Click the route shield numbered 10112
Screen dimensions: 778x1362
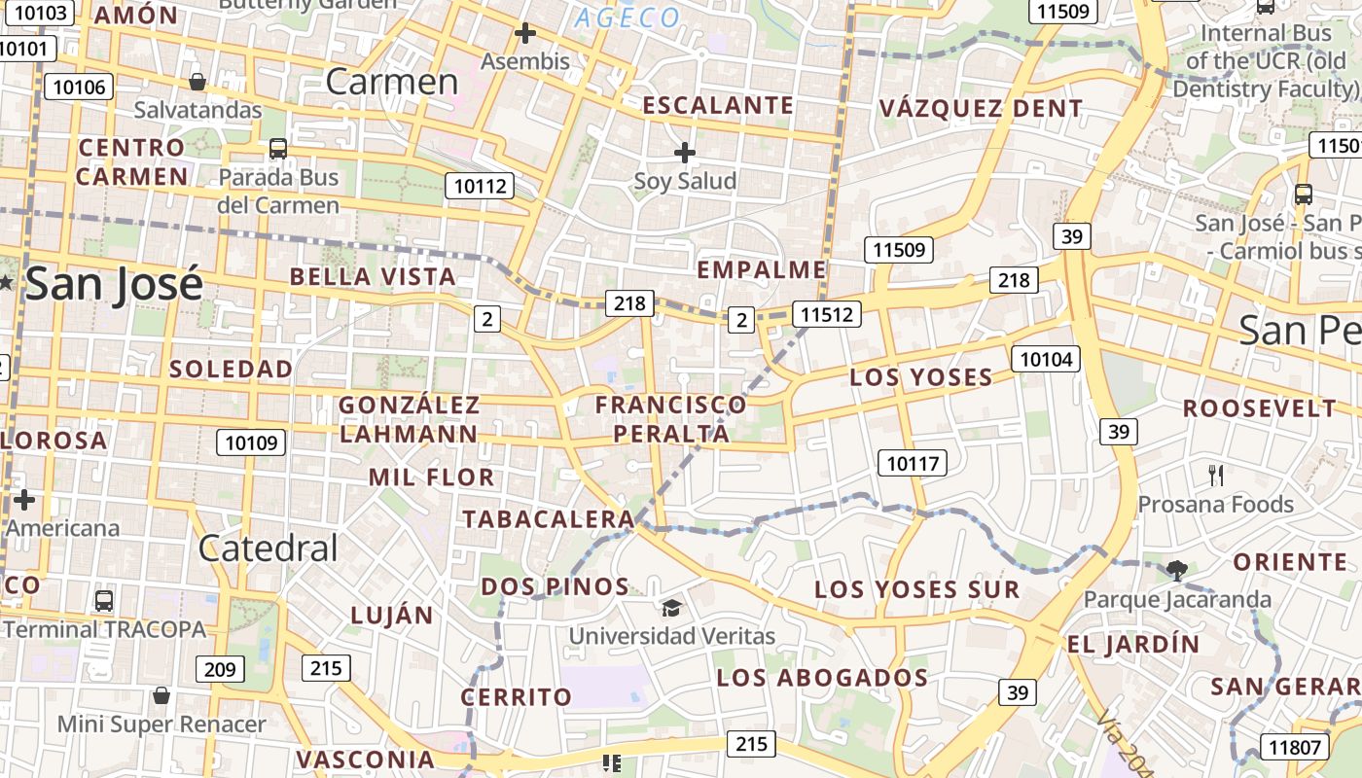[480, 185]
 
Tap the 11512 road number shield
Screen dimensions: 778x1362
[826, 313]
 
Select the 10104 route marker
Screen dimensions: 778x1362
[1047, 359]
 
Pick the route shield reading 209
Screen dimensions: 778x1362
[220, 669]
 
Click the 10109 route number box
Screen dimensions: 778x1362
[251, 443]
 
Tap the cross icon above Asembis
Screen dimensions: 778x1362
[525, 34]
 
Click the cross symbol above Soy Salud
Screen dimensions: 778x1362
[685, 153]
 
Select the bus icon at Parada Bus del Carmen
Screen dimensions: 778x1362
[278, 149]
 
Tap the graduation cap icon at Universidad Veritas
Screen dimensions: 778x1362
[671, 609]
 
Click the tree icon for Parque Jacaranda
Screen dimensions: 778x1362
[1176, 570]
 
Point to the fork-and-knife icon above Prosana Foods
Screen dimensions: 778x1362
[1215, 476]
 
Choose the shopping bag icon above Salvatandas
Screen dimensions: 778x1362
[197, 82]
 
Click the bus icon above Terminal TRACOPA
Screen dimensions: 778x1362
[104, 600]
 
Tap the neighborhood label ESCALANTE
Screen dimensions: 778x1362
[719, 105]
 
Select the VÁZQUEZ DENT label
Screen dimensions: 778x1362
[981, 108]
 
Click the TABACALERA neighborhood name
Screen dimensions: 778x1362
[549, 519]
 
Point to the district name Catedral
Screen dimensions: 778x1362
[268, 548]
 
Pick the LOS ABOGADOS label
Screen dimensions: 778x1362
[822, 678]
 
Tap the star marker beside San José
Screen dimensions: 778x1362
[7, 282]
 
